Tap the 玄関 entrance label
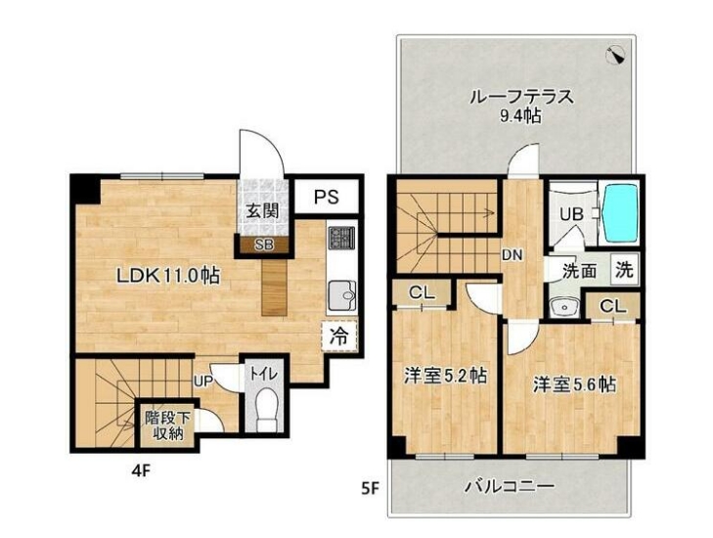click(x=260, y=210)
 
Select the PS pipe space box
click(x=327, y=197)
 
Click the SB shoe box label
click(x=263, y=245)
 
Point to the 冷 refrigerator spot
click(x=338, y=336)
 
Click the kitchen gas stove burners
click(x=340, y=238)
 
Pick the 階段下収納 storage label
click(x=167, y=425)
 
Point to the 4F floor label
click(x=142, y=469)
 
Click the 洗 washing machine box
click(x=624, y=271)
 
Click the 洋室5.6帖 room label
click(x=574, y=384)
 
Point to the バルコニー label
click(x=509, y=485)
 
